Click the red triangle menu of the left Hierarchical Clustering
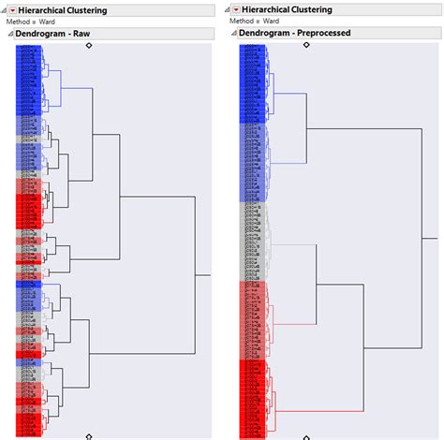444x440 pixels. [13, 10]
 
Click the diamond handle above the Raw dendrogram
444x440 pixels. [89, 44]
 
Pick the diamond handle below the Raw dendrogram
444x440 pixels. [89, 435]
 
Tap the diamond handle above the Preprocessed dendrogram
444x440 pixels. [306, 44]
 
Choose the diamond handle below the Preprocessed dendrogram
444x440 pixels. [306, 435]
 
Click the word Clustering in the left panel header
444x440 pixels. [107, 10]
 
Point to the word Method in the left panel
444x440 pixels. [18, 21]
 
